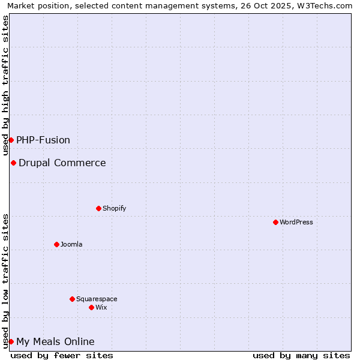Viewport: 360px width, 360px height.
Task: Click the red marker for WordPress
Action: click(275, 222)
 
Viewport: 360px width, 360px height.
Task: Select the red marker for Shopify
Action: click(98, 208)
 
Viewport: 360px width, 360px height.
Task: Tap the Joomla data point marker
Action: click(56, 244)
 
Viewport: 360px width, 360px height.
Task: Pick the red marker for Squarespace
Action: click(72, 299)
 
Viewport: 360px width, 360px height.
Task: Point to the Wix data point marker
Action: click(91, 307)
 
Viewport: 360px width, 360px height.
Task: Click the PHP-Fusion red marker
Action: click(11, 140)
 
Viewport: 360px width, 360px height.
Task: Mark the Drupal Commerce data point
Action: click(13, 163)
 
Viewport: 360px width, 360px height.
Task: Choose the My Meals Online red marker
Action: click(11, 341)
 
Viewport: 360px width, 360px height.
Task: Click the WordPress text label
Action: click(296, 222)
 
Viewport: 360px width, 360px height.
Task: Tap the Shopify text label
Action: click(115, 208)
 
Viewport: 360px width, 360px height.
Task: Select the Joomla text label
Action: click(71, 244)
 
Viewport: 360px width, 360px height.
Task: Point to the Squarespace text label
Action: click(97, 299)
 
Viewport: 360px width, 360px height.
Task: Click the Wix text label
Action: click(101, 307)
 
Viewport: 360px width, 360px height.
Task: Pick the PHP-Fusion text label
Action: click(43, 140)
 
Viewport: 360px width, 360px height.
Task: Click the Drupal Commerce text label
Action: click(62, 163)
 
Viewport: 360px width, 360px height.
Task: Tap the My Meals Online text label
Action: click(55, 341)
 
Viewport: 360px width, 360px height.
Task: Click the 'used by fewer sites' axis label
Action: click(62, 355)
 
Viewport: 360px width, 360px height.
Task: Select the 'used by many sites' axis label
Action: click(301, 355)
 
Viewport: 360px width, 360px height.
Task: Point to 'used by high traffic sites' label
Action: click(5, 86)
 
